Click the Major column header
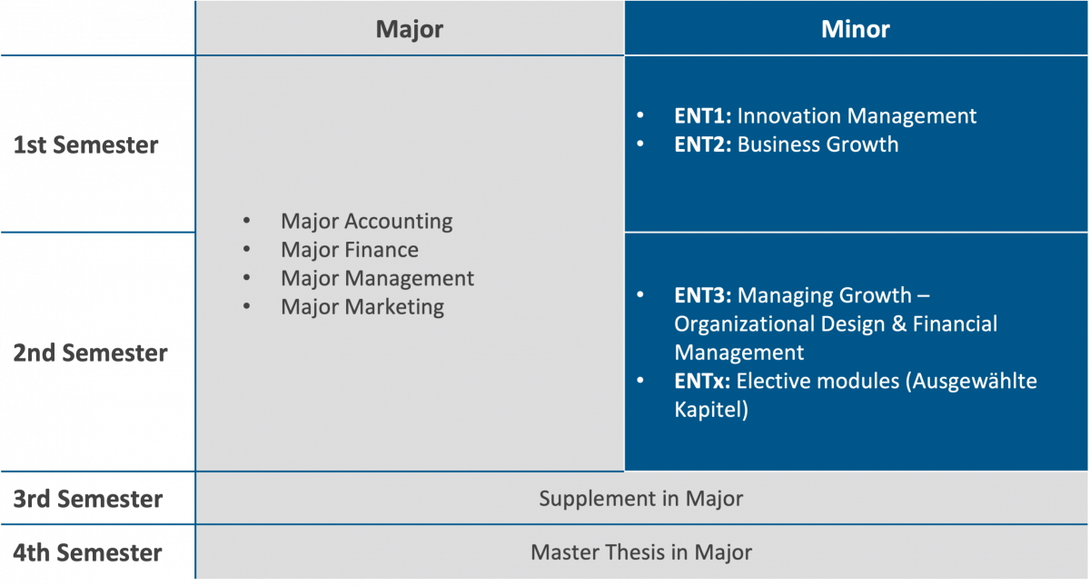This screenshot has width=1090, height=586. coord(410,29)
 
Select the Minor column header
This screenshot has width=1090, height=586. coord(856,29)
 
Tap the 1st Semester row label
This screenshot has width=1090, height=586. coord(85,145)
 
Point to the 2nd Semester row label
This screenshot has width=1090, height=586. coord(90,353)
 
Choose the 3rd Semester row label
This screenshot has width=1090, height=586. coord(87,499)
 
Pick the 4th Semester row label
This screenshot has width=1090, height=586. coord(87,553)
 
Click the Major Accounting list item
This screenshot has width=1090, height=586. coord(366,222)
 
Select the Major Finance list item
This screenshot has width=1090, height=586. coord(350,250)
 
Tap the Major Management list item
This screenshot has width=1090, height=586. coord(377,278)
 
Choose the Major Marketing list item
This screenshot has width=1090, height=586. coord(362,307)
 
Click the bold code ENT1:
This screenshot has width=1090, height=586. coord(703,116)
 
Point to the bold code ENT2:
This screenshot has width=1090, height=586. coord(703,144)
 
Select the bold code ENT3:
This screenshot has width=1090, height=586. coord(703,295)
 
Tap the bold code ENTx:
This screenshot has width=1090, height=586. coord(702,381)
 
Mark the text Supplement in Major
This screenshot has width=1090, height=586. coord(641,499)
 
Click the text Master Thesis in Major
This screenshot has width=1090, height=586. coord(641,552)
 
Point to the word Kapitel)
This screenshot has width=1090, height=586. coord(711,410)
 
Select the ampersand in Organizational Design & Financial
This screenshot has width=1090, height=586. coord(898,324)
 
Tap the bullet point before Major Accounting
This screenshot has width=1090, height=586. coord(247,221)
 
